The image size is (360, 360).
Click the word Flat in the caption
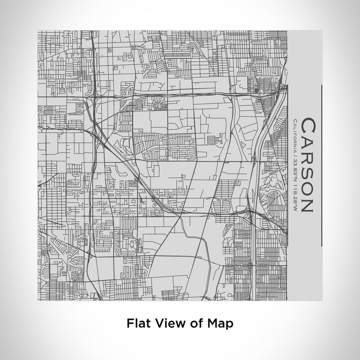pyautogui.click(x=137, y=323)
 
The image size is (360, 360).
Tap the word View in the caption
pyautogui.click(x=165, y=323)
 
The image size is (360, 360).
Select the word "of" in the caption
pyautogui.click(x=189, y=323)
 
